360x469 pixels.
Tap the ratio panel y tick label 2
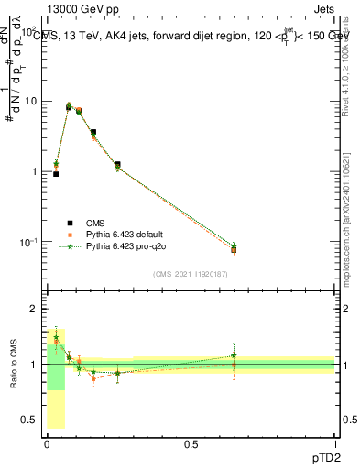34,310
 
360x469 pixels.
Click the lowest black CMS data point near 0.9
56,174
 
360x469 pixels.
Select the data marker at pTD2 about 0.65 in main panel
234,249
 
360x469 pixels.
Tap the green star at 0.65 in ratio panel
234,355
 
